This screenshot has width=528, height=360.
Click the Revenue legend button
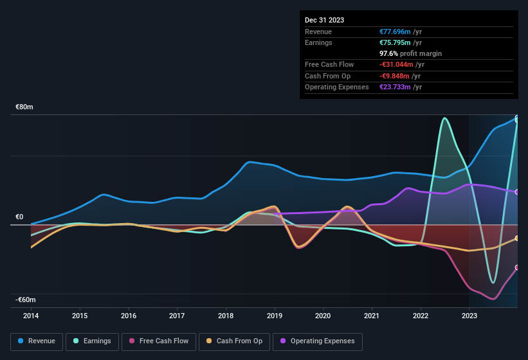point(37,341)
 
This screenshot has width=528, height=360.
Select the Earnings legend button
point(92,341)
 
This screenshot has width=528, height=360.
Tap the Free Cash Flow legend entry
point(158,341)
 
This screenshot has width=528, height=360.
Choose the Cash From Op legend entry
point(234,341)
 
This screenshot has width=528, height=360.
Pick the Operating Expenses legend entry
point(318,341)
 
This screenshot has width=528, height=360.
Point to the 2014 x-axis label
point(31,316)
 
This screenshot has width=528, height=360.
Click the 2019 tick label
point(275,316)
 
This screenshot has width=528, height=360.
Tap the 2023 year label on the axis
point(469,316)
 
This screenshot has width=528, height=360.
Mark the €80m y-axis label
point(24,107)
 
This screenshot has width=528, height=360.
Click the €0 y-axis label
point(20,217)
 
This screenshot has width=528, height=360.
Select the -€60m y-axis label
point(26,300)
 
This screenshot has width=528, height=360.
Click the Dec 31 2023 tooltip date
point(324,20)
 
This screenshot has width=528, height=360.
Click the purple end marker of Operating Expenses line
point(517,192)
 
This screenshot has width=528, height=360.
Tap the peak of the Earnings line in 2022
point(444,118)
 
